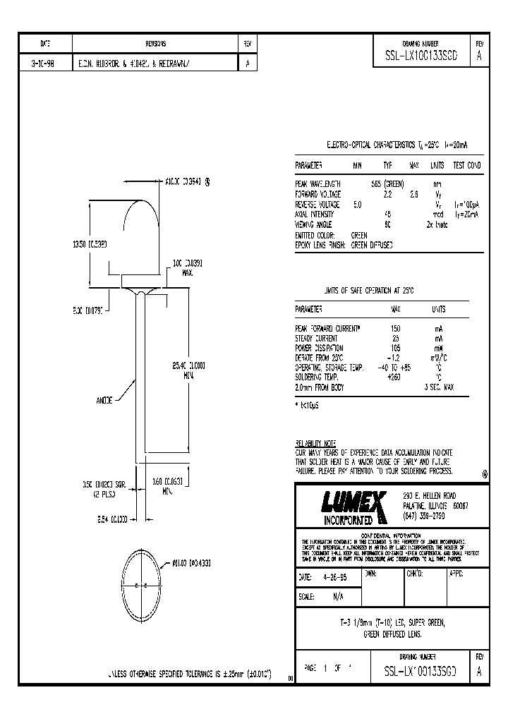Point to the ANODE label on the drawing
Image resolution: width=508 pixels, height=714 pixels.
pyautogui.click(x=104, y=400)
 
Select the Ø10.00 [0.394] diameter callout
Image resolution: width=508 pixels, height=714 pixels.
pyautogui.click(x=185, y=181)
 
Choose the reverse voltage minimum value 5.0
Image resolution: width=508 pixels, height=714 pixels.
pyautogui.click(x=357, y=203)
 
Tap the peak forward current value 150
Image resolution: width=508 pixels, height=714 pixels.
pyautogui.click(x=395, y=329)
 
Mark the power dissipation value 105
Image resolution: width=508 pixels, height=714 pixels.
pyautogui.click(x=395, y=348)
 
